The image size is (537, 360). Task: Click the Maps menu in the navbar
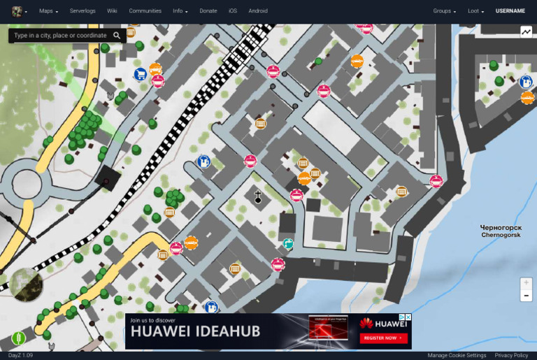pos(48,11)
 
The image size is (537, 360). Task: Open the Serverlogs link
pos(82,11)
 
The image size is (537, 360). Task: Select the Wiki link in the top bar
pos(112,11)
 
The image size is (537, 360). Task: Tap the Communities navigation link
pos(145,11)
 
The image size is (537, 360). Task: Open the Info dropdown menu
pos(180,11)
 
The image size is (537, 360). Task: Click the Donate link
pos(208,11)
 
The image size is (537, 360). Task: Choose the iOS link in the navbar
pos(233,11)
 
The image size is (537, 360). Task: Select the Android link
pos(258,11)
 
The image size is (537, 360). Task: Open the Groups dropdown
pos(444,11)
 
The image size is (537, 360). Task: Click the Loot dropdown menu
pos(476,11)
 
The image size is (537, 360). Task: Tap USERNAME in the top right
pos(510,11)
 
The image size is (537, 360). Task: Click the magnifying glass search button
pos(117,35)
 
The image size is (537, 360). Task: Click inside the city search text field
pos(60,35)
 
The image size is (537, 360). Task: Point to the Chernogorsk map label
pos(501,231)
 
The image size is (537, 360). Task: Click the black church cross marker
pos(257,197)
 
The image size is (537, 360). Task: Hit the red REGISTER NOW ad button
pos(382,338)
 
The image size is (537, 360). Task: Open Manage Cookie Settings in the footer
pos(457,355)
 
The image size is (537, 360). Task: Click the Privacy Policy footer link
pos(511,355)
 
